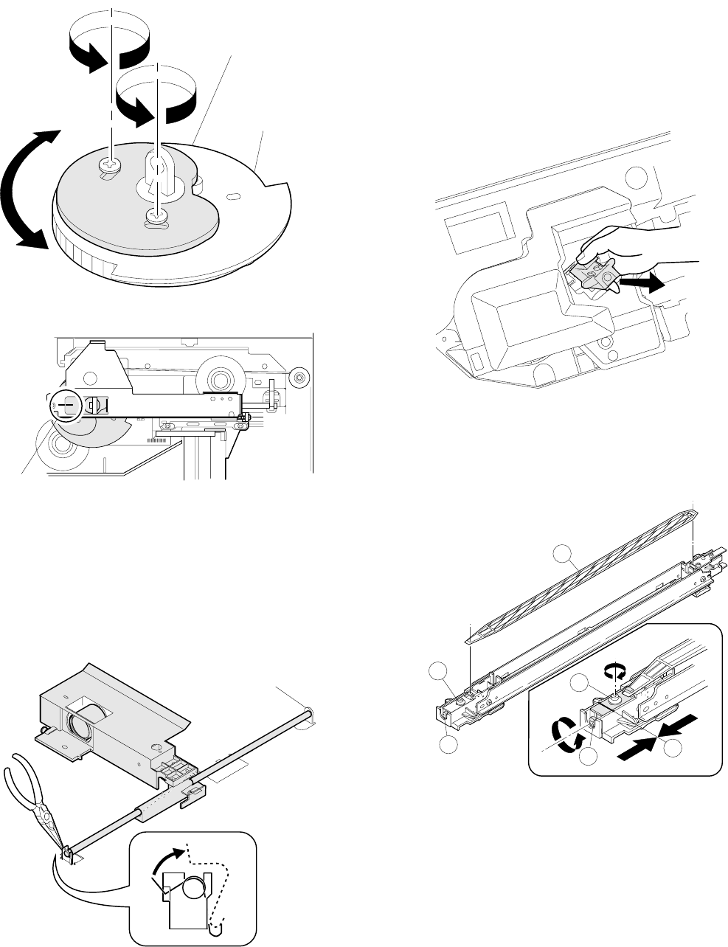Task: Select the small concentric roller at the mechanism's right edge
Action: pyautogui.click(x=299, y=378)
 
